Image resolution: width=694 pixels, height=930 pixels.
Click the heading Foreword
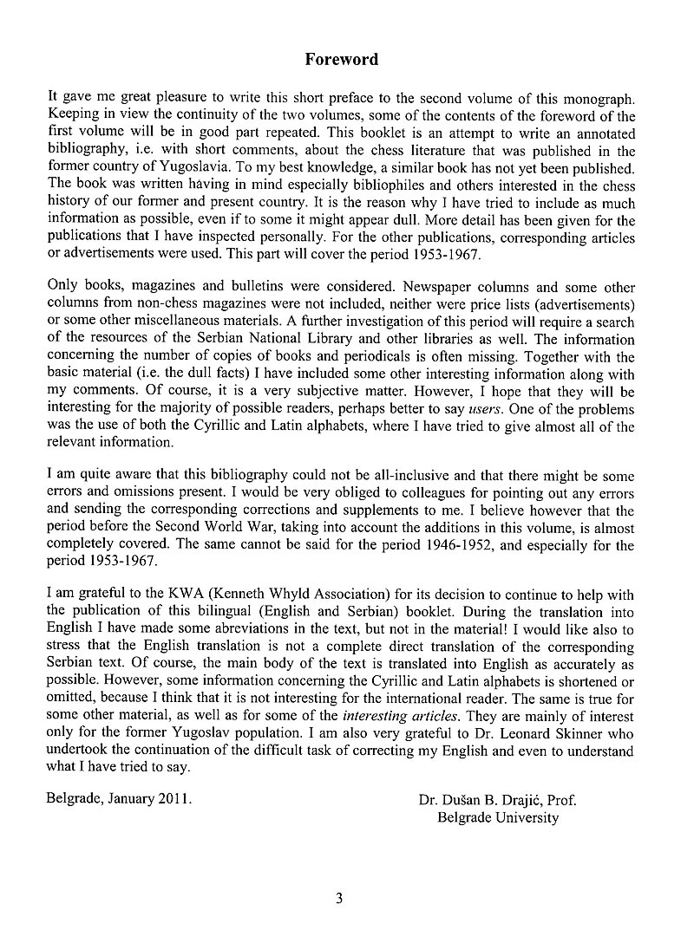click(341, 60)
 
